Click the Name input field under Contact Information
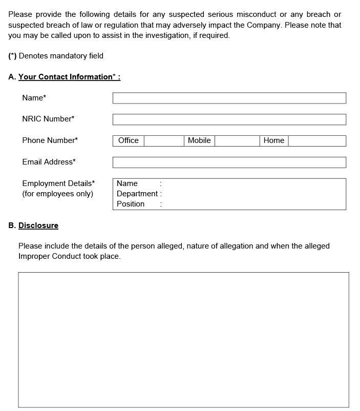coord(229,98)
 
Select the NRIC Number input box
coord(229,119)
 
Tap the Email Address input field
coord(229,162)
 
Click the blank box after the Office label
coord(163,141)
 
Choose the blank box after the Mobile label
coord(237,141)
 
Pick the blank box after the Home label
coord(317,141)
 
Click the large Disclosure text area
coord(183,339)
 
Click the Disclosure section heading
coord(38,225)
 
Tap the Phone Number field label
coord(50,140)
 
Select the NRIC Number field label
coord(48,119)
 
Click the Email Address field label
coord(49,162)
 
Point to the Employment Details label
coord(58,183)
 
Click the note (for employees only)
coord(57,194)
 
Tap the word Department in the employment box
coord(137,194)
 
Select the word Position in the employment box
coord(131,204)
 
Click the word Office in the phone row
coord(128,140)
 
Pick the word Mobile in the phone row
coord(199,140)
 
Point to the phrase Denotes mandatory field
coord(61,56)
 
